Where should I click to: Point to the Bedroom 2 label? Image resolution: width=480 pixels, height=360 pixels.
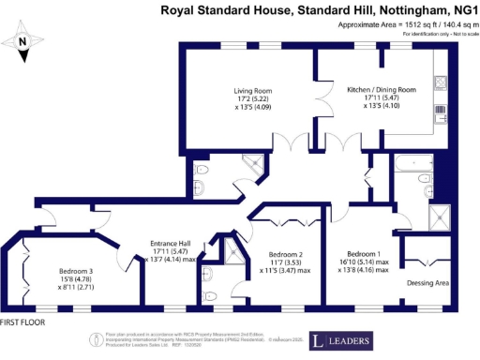coord(284,254)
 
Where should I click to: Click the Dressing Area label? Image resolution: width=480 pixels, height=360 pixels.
coord(427,282)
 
